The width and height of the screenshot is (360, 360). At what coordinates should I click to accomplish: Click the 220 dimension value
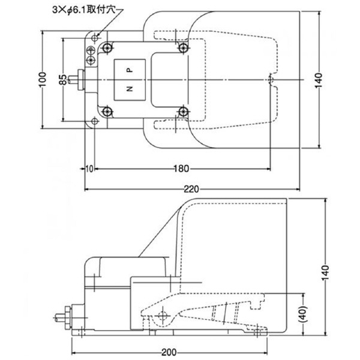(x=191, y=190)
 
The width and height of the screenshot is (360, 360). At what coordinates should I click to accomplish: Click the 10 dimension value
(x=88, y=169)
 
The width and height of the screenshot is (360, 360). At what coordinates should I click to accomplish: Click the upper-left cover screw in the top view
(x=106, y=47)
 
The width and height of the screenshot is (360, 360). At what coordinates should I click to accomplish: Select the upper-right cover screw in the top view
(x=183, y=47)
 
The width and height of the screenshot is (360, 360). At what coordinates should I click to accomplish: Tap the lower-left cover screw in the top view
(x=106, y=110)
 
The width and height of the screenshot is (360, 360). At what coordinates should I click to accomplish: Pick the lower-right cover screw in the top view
(x=183, y=110)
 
